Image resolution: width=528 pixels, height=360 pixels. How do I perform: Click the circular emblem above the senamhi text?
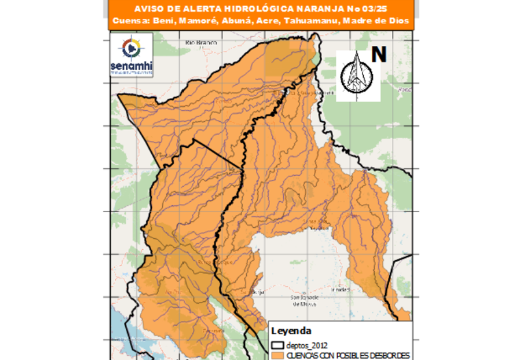132,49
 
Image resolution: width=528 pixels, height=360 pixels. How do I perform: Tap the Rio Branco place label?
200,43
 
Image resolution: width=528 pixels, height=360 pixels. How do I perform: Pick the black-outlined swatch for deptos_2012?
278,345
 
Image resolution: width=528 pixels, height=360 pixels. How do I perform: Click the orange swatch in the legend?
278,355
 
